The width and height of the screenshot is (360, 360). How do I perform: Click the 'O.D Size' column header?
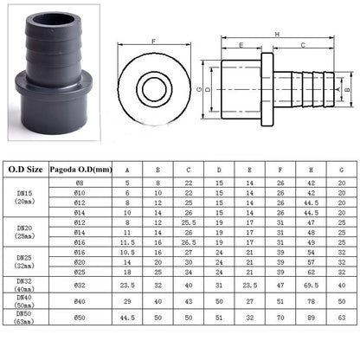pyautogui.click(x=26, y=170)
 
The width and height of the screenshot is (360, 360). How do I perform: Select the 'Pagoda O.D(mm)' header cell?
pyautogui.click(x=80, y=170)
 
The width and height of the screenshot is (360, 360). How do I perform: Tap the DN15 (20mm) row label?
pyautogui.click(x=24, y=197)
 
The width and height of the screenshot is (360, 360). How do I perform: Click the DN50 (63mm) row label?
pyautogui.click(x=24, y=318)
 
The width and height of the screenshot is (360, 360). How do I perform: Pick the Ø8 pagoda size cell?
pyautogui.click(x=80, y=183)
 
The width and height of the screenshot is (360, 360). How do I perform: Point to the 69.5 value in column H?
pyautogui.click(x=311, y=286)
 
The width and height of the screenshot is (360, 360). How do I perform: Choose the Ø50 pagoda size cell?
pyautogui.click(x=80, y=318)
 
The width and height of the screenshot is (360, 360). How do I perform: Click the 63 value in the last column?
pyautogui.click(x=342, y=318)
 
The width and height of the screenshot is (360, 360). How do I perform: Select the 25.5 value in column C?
pyautogui.click(x=189, y=222)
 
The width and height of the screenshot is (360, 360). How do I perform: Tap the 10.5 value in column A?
pyautogui.click(x=127, y=253)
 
